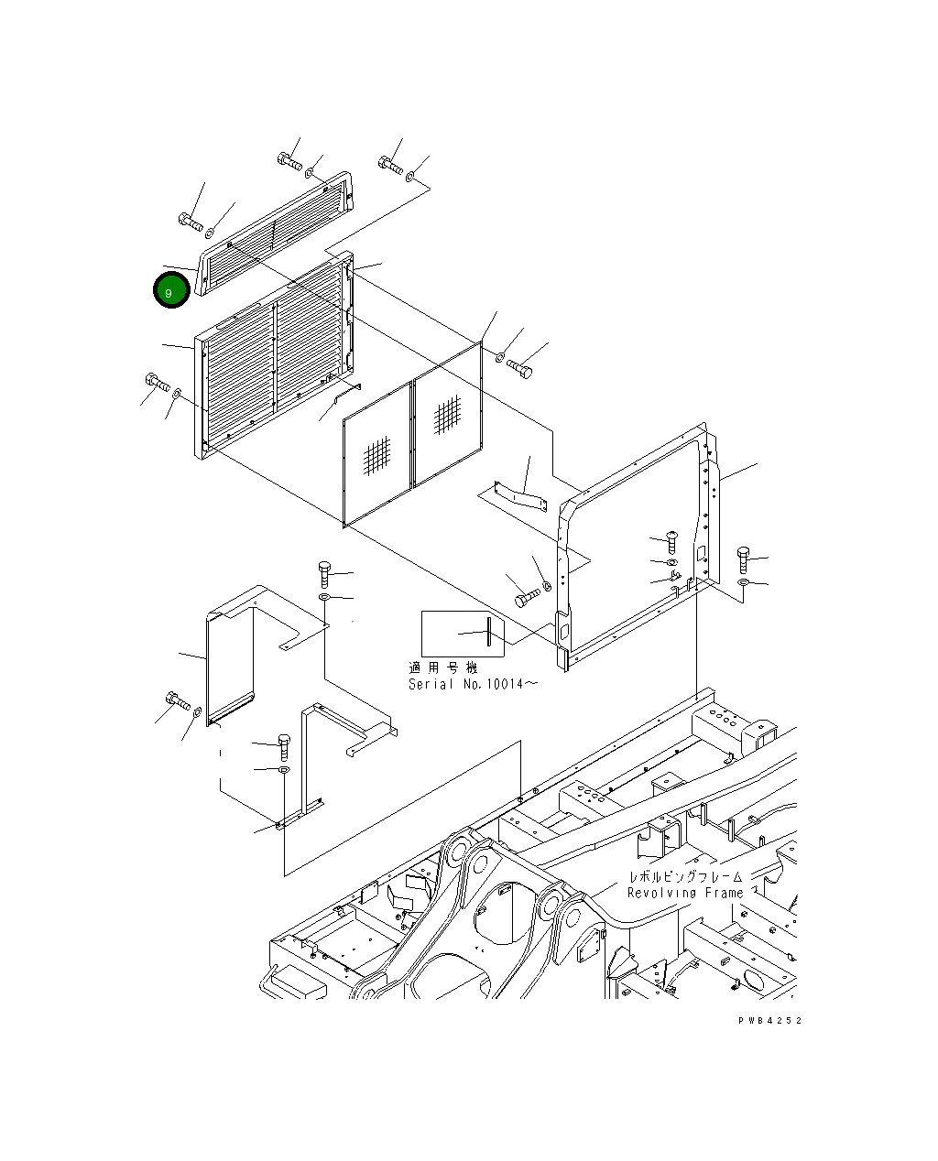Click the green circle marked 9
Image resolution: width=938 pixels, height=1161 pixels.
171,289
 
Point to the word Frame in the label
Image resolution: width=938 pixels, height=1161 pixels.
725,893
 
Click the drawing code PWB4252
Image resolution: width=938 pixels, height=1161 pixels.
769,1020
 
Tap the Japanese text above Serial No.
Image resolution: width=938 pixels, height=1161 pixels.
442,667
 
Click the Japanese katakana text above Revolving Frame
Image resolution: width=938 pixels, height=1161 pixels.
685,876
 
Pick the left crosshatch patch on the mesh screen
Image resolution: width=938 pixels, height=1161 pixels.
376,455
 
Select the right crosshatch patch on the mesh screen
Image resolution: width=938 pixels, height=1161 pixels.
447,414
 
